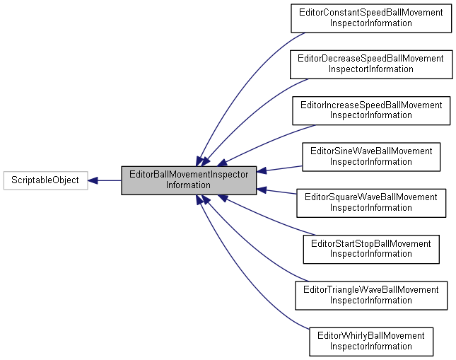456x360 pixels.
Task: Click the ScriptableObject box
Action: pyautogui.click(x=45, y=180)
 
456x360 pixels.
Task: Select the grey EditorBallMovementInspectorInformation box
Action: pyautogui.click(x=188, y=180)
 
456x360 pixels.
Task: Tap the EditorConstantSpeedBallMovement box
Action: pyautogui.click(x=371, y=18)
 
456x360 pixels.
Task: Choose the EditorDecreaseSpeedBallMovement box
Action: pyautogui.click(x=371, y=64)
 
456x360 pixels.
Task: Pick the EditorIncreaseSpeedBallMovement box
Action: pyautogui.click(x=371, y=110)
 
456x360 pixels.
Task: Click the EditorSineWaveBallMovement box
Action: pyautogui.click(x=371, y=156)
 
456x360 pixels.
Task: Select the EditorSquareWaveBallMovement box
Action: pyautogui.click(x=371, y=202)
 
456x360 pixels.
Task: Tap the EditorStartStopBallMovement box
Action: pyautogui.click(x=371, y=248)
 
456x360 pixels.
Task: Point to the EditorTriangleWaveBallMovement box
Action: pyautogui.click(x=371, y=295)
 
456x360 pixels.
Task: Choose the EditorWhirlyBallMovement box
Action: pyautogui.click(x=371, y=341)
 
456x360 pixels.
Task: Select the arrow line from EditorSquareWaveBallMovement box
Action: pyautogui.click(x=279, y=192)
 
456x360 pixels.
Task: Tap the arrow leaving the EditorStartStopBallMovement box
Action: pyautogui.click(x=269, y=221)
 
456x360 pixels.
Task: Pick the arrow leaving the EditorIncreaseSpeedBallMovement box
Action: pyautogui.click(x=269, y=140)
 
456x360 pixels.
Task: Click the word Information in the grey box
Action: pyautogui.click(x=188, y=185)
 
